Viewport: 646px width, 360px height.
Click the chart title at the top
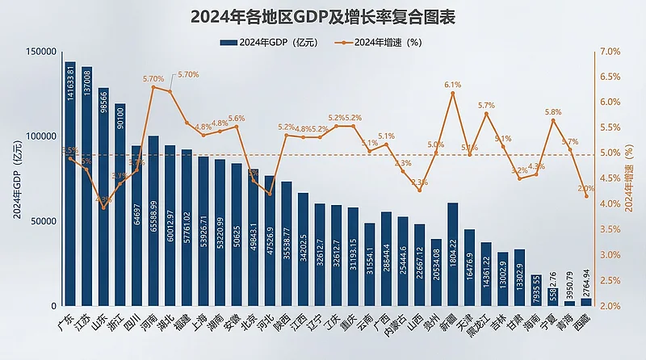[323, 17]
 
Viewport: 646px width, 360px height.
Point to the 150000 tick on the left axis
[40, 52]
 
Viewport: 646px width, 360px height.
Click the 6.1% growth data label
[452, 84]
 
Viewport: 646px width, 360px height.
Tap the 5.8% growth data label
[553, 112]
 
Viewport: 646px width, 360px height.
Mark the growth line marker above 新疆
[453, 94]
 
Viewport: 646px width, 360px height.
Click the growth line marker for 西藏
[586, 196]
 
